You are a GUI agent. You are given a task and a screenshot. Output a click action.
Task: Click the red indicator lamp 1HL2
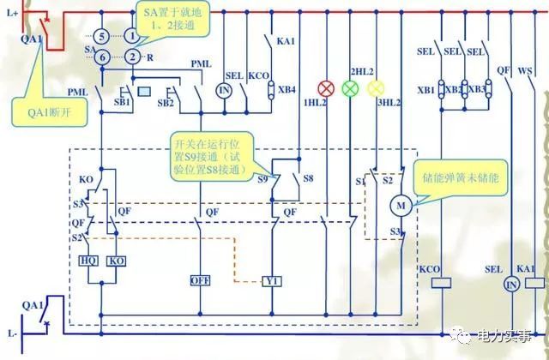326,88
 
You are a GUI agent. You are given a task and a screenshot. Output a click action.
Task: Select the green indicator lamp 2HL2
350,87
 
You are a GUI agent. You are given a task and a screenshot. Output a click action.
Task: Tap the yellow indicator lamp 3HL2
374,87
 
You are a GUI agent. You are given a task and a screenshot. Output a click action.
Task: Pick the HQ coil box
87,261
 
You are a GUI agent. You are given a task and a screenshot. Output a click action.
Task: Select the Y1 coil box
273,280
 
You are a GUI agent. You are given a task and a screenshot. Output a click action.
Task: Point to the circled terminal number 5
100,37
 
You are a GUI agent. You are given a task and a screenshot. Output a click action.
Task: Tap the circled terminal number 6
100,57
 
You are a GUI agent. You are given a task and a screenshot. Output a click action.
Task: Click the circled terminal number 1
131,36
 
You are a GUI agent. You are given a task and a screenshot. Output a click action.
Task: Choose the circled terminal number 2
131,57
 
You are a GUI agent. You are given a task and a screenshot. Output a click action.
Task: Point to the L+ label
11,15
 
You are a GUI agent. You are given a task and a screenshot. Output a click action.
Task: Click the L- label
10,331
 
